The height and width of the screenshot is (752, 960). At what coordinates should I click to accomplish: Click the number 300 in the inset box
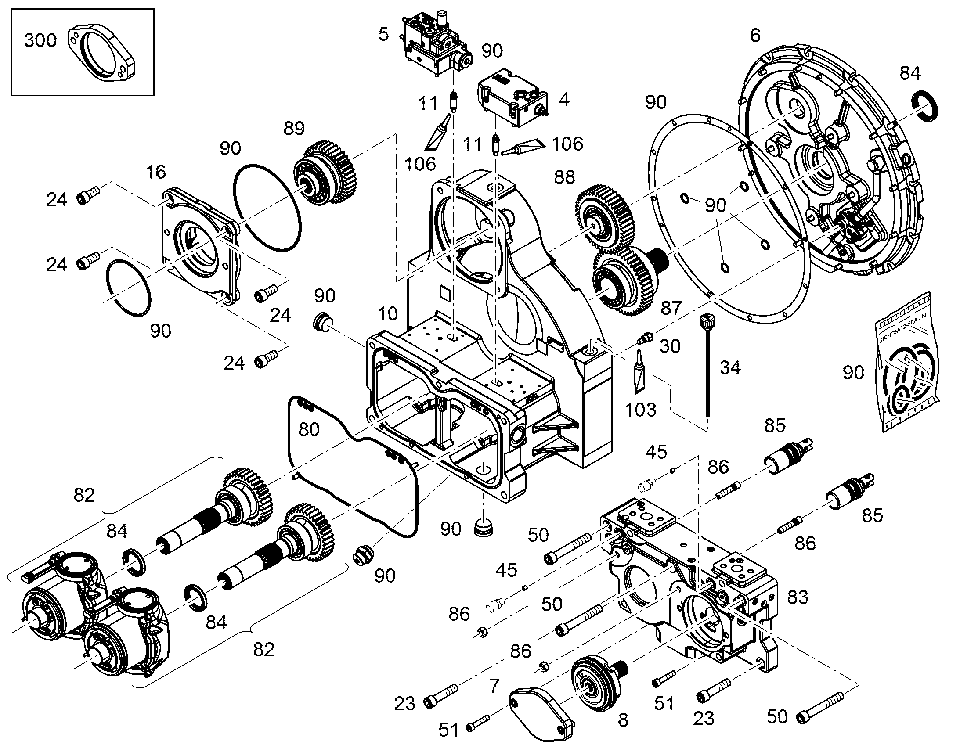coord(40,40)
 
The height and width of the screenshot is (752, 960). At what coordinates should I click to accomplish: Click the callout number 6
coord(755,36)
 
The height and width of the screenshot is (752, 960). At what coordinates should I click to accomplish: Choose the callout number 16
coord(156,172)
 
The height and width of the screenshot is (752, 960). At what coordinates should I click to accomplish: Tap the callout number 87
coord(671,309)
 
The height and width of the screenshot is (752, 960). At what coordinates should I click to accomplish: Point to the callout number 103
coord(641,410)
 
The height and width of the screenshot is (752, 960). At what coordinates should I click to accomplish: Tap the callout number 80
coord(309,429)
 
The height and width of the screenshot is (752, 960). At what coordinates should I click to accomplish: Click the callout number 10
coord(387,314)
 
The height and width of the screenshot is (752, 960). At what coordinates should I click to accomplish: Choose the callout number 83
coord(798,597)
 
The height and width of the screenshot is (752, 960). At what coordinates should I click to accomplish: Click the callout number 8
coord(623,721)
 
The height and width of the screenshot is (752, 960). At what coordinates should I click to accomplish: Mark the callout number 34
coord(730,367)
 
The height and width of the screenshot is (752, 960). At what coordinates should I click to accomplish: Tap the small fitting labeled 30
coord(644,339)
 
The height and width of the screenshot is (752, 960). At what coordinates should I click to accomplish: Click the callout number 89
coord(294,128)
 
